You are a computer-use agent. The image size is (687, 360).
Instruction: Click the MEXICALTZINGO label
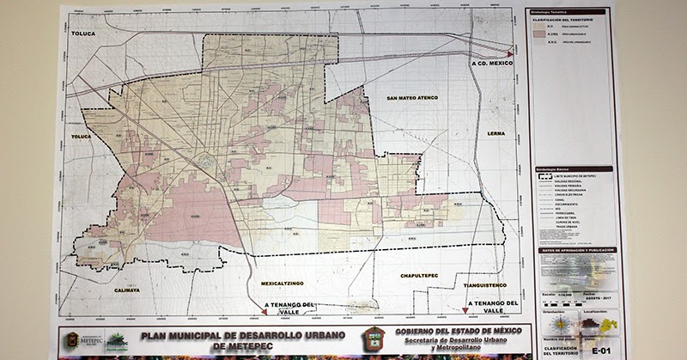(x=283, y=281)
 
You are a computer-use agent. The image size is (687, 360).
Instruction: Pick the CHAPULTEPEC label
(x=419, y=275)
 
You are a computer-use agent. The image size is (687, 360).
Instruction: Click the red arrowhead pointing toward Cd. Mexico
(x=512, y=49)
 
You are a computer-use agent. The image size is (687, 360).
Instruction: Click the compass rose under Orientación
(x=557, y=324)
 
